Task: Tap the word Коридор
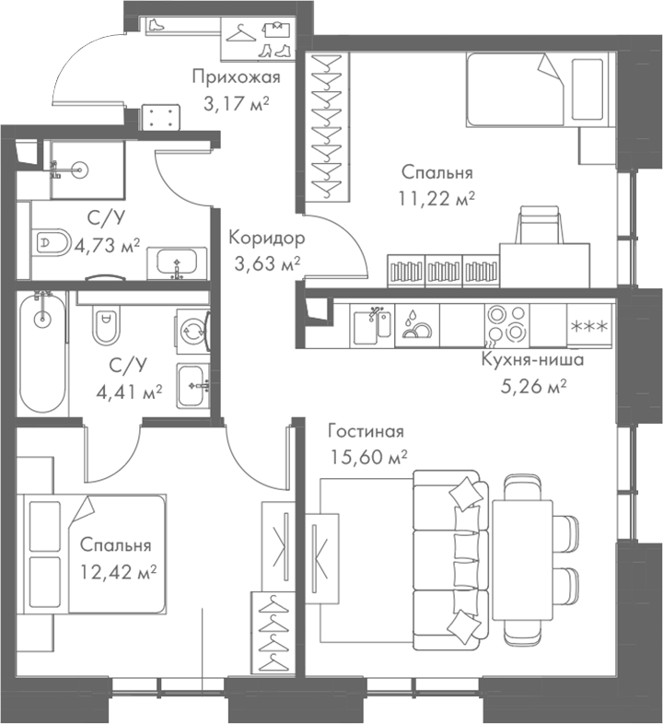pos(266,238)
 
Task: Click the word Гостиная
pos(366,430)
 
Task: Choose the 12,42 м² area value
pos(115,571)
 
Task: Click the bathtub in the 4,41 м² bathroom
pos(41,355)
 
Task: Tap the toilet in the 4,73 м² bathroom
pos(53,243)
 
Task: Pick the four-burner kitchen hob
pos(506,324)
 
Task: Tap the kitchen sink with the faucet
pos(373,325)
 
